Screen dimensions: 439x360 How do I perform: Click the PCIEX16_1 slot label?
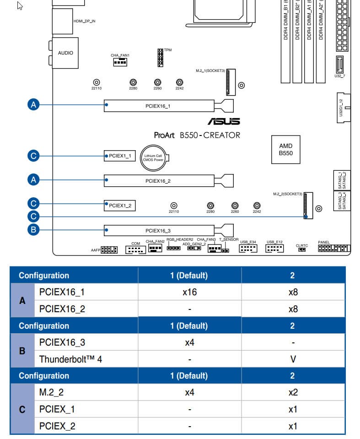click(x=158, y=106)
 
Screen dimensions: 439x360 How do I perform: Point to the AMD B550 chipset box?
click(x=285, y=150)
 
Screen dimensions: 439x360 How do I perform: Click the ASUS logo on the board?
click(x=224, y=121)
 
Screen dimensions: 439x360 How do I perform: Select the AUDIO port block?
click(x=65, y=53)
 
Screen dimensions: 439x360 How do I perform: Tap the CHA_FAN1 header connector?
click(x=120, y=62)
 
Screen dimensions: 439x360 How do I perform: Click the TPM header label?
click(x=168, y=50)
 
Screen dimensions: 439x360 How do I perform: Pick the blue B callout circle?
click(x=32, y=230)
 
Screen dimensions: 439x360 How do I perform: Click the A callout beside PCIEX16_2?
click(x=32, y=180)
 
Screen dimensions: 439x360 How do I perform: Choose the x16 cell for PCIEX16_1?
click(x=189, y=292)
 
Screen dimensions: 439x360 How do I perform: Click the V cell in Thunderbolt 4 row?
click(x=293, y=359)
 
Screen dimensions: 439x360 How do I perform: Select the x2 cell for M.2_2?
click(x=293, y=392)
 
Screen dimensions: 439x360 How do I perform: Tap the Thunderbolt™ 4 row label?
click(x=70, y=359)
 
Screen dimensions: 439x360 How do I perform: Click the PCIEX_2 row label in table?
click(x=57, y=426)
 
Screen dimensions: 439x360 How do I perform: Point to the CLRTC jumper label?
click(x=302, y=246)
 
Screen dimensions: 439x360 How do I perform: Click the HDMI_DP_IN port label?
click(x=85, y=21)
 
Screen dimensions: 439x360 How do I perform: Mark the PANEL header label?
click(x=323, y=242)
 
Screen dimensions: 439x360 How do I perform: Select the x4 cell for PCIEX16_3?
click(x=189, y=342)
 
